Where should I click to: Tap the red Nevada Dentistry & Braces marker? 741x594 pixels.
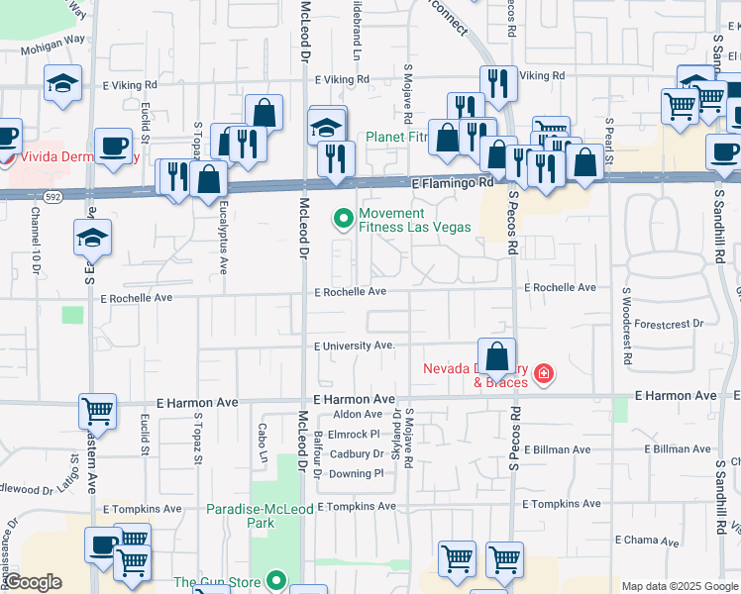[x=543, y=373]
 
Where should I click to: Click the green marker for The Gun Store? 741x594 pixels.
[x=277, y=582]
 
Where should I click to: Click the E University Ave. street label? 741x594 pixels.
[x=355, y=346]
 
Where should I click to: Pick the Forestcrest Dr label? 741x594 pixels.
[x=669, y=323]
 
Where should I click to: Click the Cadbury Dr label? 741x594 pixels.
[x=357, y=453]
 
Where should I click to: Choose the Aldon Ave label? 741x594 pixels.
[x=358, y=414]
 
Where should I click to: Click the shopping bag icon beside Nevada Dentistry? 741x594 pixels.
[x=495, y=356]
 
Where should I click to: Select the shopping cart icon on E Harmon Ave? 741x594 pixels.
[x=97, y=410]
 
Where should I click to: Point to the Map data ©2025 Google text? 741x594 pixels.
[x=679, y=586]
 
